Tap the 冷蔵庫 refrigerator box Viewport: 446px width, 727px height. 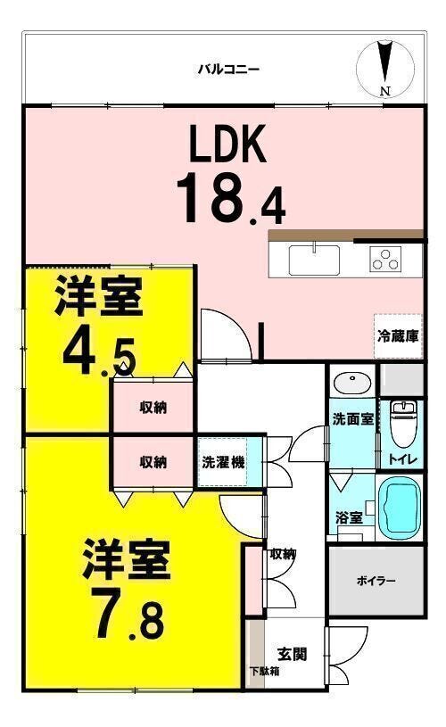399,336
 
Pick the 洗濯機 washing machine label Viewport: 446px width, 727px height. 219,462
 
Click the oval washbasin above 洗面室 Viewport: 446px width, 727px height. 352,383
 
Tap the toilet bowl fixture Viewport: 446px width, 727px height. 402,422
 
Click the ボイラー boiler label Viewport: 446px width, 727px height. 376,581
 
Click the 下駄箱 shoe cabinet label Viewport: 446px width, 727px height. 264,672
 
